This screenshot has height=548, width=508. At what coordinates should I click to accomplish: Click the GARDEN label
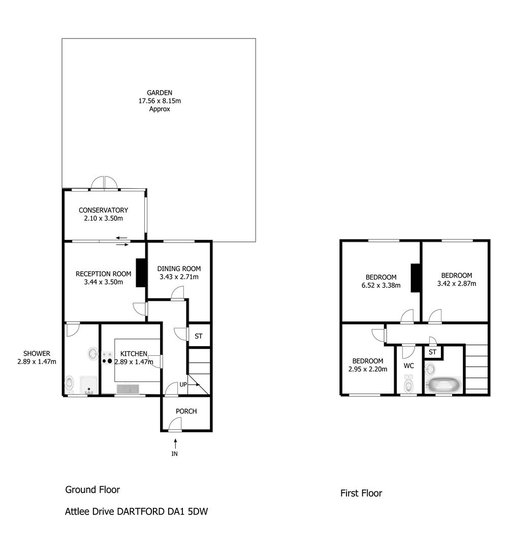160,93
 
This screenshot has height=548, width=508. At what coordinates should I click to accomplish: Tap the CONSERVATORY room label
103,211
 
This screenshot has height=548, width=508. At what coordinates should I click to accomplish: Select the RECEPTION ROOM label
104,274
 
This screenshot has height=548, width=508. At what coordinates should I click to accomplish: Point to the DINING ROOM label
179,269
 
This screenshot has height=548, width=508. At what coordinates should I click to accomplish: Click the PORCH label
186,412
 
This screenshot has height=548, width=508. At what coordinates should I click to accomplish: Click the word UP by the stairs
183,385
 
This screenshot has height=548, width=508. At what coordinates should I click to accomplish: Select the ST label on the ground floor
198,336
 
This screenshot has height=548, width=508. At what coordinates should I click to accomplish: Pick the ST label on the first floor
432,352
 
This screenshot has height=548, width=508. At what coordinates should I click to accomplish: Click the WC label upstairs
408,366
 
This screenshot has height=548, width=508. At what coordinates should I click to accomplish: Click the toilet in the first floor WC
408,384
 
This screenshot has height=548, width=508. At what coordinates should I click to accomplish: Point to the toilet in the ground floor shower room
70,383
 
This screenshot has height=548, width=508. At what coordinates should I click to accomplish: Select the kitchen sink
128,389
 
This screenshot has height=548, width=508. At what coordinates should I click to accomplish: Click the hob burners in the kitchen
107,359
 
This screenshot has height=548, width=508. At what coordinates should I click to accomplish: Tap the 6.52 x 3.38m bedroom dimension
381,286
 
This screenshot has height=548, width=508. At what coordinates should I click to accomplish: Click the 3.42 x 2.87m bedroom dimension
457,284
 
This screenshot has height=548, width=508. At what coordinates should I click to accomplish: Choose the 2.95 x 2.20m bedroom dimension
368,369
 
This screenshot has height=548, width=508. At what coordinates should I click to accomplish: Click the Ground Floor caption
93,490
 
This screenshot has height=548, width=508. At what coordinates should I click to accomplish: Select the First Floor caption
361,494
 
